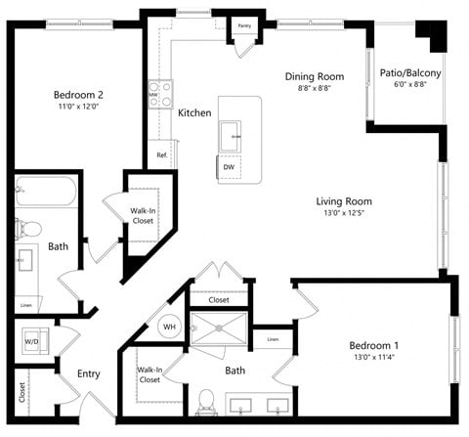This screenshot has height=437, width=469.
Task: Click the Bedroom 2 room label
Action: tap(79, 95)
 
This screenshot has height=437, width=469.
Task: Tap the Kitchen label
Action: tap(194, 113)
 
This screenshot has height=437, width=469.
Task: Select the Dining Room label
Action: tap(315, 76)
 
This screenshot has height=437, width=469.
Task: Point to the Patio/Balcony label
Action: tap(409, 73)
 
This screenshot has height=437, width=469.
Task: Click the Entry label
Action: tap(89, 373)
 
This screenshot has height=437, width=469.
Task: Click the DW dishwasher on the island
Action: tap(229, 167)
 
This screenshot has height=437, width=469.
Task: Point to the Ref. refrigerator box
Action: tap(160, 155)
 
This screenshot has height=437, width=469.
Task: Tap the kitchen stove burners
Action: tap(159, 94)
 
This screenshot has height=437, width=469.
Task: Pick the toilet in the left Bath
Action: tap(29, 229)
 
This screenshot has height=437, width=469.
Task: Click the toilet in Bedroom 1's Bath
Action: tap(206, 401)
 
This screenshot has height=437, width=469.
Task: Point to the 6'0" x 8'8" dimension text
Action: tap(409, 85)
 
